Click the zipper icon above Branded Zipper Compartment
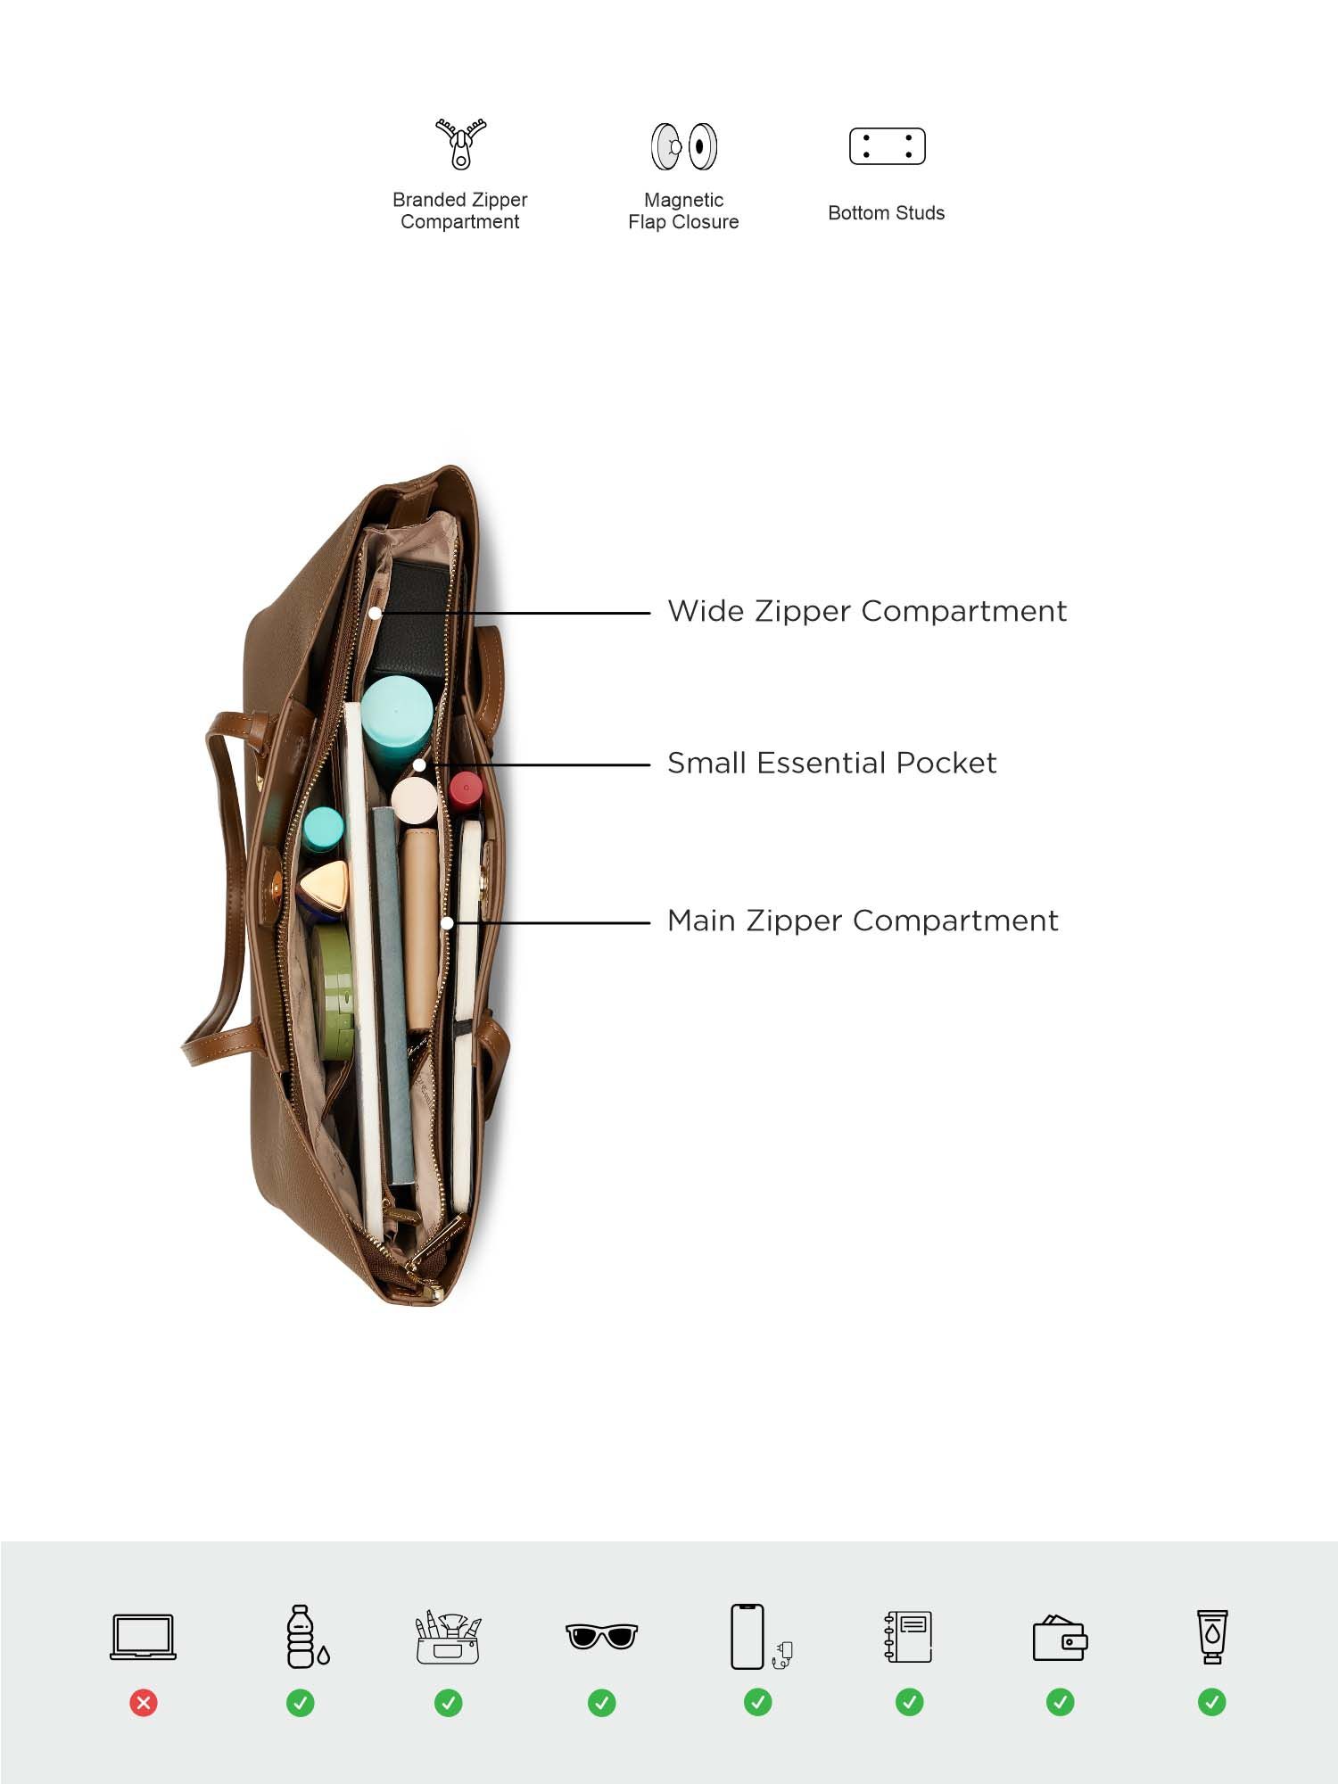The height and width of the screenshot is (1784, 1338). click(x=460, y=144)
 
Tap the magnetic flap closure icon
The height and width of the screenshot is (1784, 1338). click(x=684, y=146)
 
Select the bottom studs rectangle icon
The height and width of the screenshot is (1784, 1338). click(x=887, y=146)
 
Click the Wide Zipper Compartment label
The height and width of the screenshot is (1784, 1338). click(x=866, y=612)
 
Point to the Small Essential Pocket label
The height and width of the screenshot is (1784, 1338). click(x=831, y=764)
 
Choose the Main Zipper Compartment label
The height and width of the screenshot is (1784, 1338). click(x=863, y=921)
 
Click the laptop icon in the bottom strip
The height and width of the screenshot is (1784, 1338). click(x=143, y=1637)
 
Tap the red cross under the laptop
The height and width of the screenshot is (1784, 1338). click(x=144, y=1703)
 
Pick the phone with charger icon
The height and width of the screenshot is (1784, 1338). click(x=759, y=1637)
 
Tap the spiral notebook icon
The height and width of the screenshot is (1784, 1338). click(x=909, y=1637)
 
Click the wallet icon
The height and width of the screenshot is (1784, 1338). click(x=1060, y=1639)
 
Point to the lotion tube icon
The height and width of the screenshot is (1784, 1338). click(x=1211, y=1637)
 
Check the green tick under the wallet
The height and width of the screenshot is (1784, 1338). click(x=1060, y=1703)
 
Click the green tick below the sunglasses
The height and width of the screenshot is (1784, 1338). click(x=602, y=1703)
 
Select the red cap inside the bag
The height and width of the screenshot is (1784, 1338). click(x=466, y=789)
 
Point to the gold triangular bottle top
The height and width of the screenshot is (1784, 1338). click(x=324, y=886)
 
